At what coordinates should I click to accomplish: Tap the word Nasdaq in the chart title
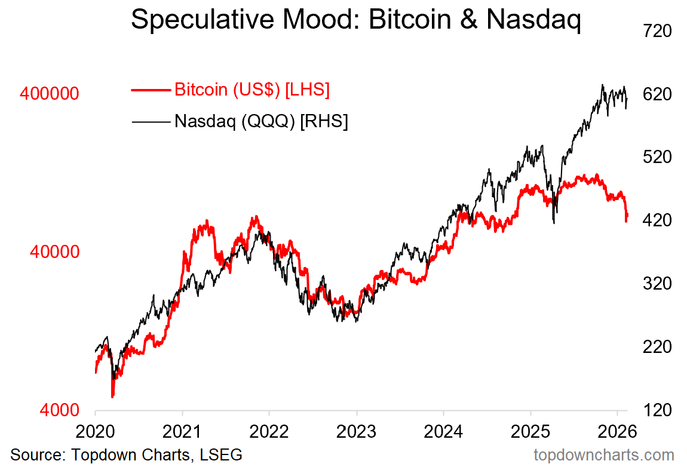[533, 20]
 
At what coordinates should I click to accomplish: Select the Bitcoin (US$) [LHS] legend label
[252, 90]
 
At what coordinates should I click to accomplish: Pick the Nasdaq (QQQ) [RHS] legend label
[261, 121]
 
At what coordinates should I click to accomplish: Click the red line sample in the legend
[151, 90]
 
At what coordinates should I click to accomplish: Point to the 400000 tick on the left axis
[50, 94]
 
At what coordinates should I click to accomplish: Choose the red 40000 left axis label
[54, 252]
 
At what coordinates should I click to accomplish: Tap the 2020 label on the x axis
[96, 431]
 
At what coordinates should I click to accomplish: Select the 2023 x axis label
[357, 431]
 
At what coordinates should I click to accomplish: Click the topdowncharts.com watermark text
[603, 455]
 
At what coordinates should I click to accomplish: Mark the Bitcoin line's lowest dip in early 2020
[112, 395]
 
